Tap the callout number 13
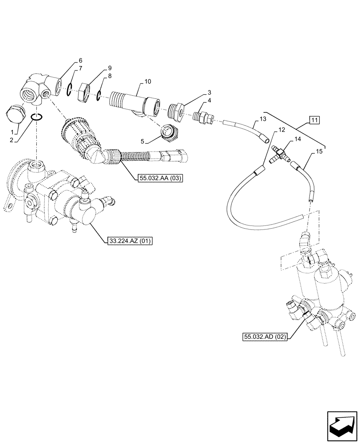tap(262, 119)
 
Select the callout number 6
tap(80, 61)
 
